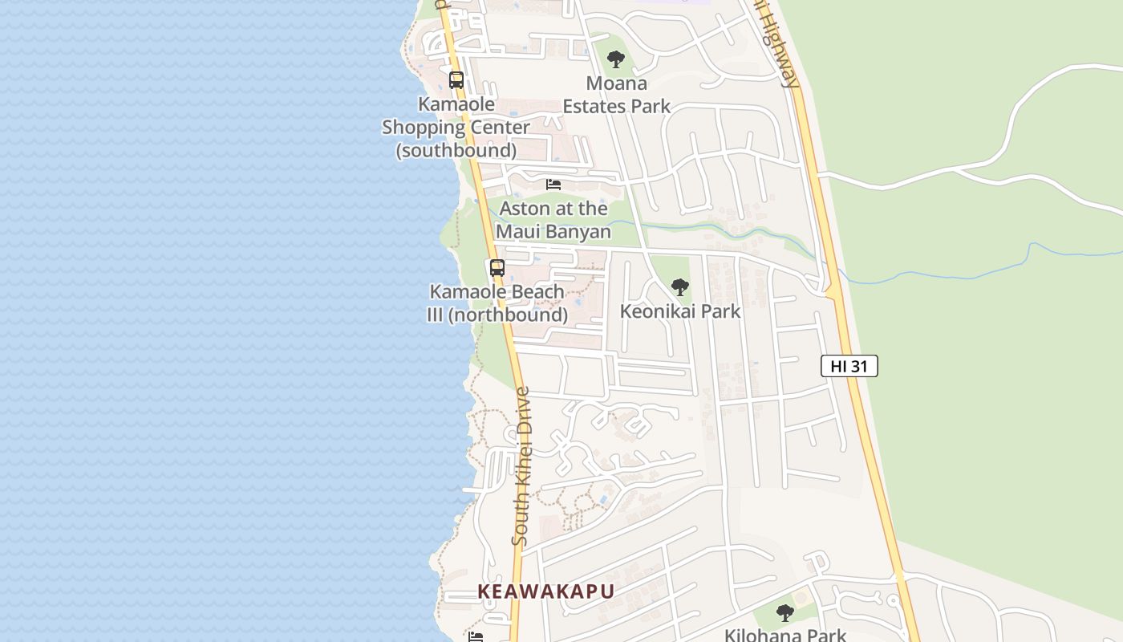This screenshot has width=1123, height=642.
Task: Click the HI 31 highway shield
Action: [x=849, y=366]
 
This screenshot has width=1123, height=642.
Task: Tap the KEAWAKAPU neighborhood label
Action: [x=545, y=591]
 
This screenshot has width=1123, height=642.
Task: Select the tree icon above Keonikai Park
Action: [x=680, y=286]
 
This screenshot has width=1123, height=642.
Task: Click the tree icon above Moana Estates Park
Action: [x=616, y=59]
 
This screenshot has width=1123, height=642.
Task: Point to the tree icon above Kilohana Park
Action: [x=785, y=613]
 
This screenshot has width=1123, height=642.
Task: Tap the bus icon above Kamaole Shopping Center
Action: [x=456, y=80]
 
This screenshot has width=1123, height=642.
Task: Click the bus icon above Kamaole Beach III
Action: [x=497, y=268]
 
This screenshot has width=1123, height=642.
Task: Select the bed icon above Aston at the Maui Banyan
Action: [x=553, y=185]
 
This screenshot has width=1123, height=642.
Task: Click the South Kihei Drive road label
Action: [x=522, y=466]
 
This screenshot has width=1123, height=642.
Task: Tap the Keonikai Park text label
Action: [x=680, y=311]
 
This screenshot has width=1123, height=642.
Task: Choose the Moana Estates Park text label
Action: [x=616, y=95]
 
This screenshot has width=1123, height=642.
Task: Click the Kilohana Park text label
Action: [x=785, y=635]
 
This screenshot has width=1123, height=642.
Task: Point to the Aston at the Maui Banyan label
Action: [x=553, y=220]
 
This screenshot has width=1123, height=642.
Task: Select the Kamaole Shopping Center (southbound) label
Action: [x=456, y=127]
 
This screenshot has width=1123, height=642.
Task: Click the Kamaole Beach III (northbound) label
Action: [x=497, y=303]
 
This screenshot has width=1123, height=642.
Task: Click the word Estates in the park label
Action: [x=597, y=106]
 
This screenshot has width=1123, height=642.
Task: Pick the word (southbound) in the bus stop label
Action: [x=456, y=150]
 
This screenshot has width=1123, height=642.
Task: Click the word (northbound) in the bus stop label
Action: [x=508, y=315]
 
